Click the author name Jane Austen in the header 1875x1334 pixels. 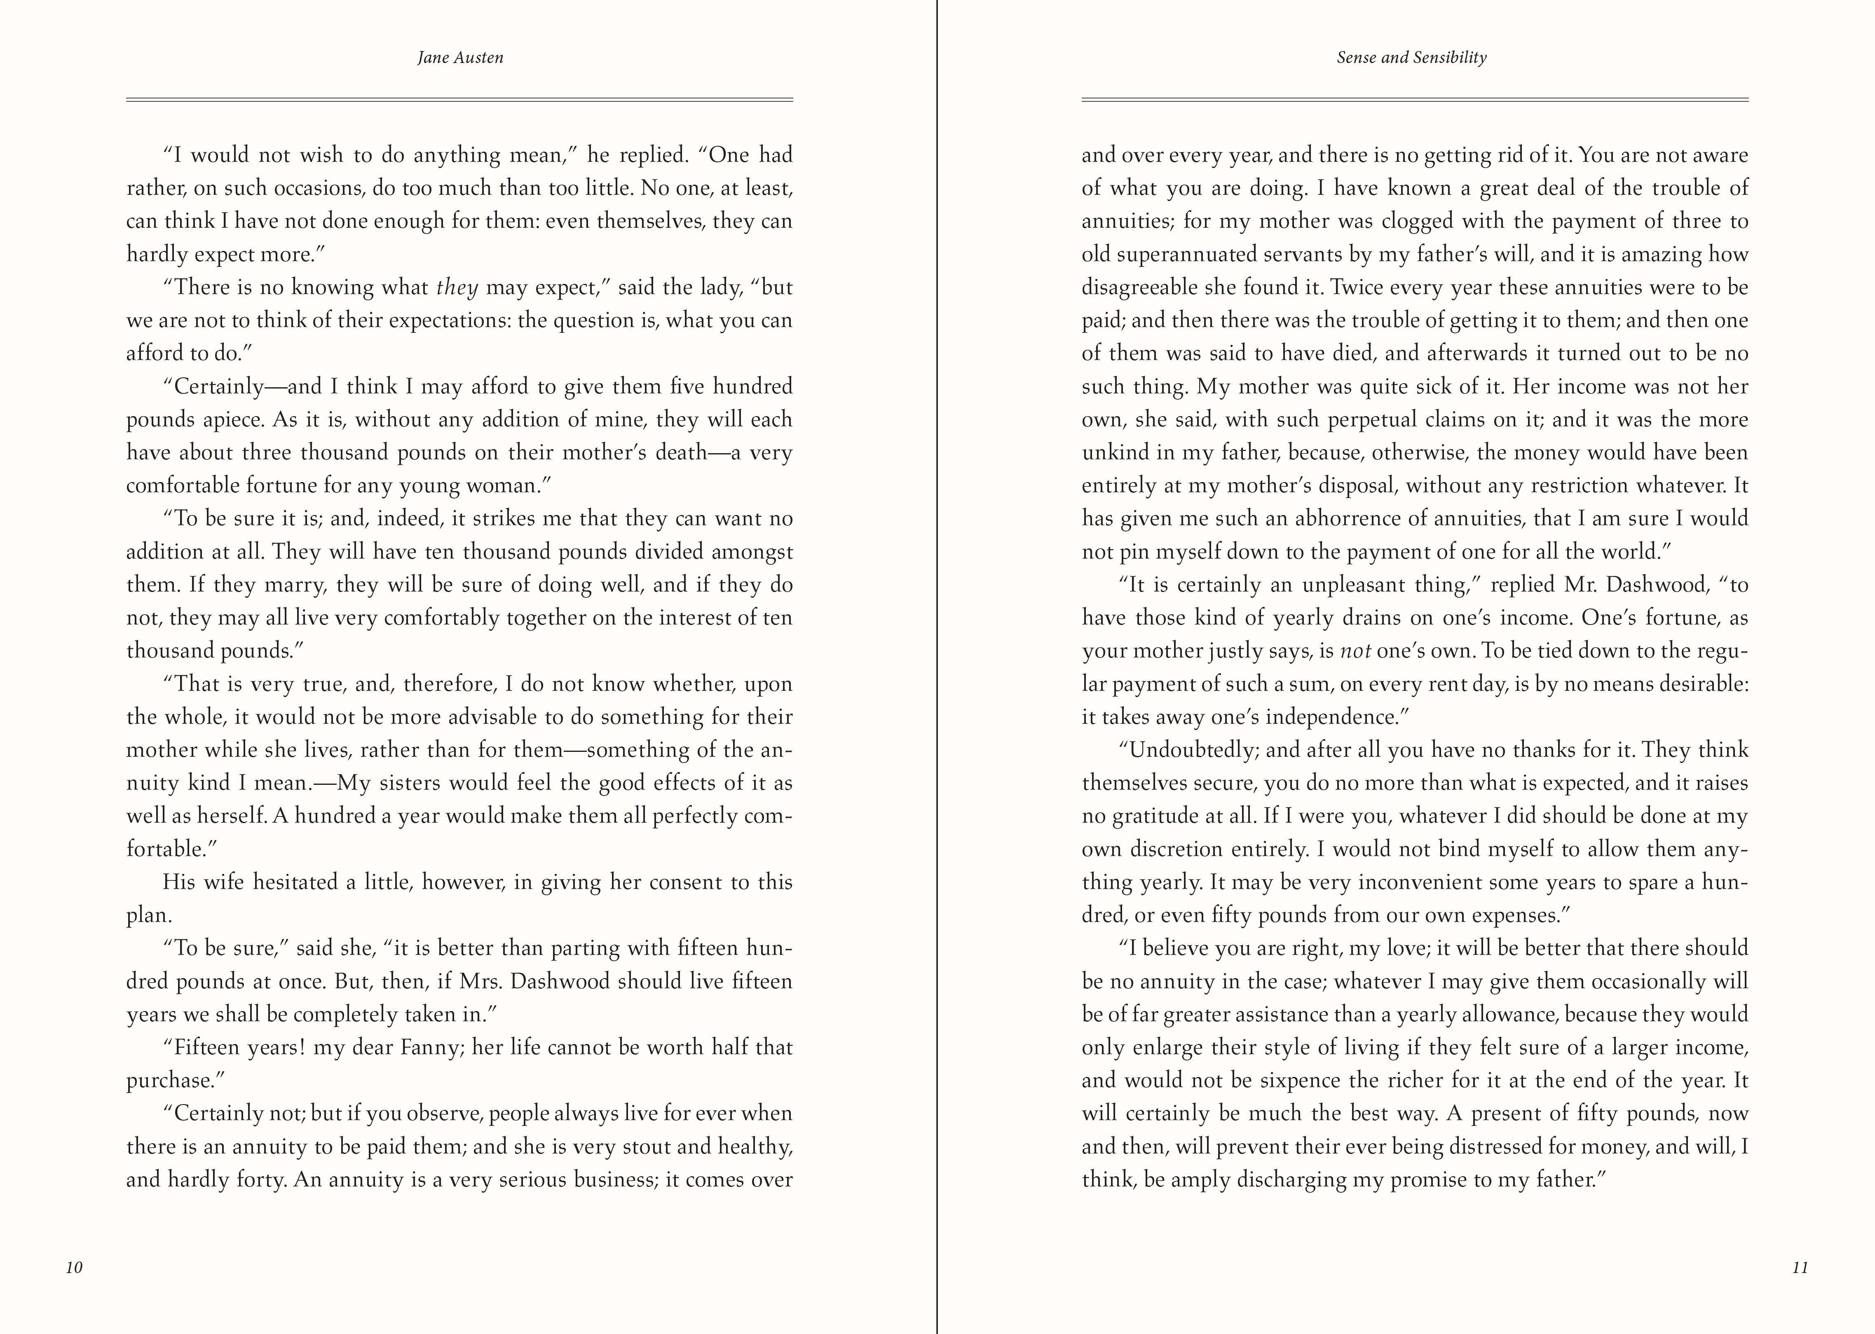(460, 58)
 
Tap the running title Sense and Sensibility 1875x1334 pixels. (1411, 58)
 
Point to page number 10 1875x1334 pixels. (74, 1267)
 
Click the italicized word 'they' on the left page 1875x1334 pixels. (457, 288)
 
